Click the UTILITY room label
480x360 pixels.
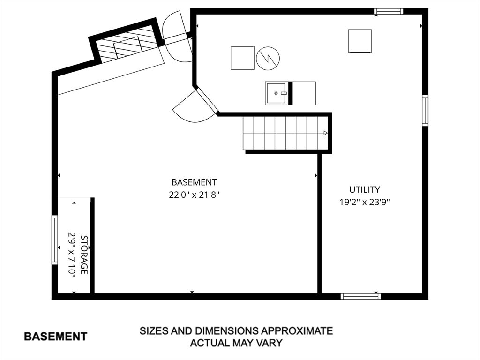coord(364,190)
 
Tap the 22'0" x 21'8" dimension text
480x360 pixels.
coord(194,195)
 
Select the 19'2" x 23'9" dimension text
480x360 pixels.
coord(364,202)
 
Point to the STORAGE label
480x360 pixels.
coord(84,255)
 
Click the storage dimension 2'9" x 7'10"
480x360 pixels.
coord(72,255)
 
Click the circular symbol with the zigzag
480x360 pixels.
coord(268,58)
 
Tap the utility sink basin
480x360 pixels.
coord(277,93)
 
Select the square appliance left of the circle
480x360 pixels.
coord(242,58)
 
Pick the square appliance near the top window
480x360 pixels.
coord(360,41)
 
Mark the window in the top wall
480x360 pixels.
coord(389,11)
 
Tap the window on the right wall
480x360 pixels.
coord(425,110)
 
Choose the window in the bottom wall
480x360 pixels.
coord(360,296)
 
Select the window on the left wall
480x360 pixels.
coord(54,240)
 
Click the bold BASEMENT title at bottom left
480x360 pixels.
coord(56,337)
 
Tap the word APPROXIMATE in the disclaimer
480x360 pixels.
coord(296,331)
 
